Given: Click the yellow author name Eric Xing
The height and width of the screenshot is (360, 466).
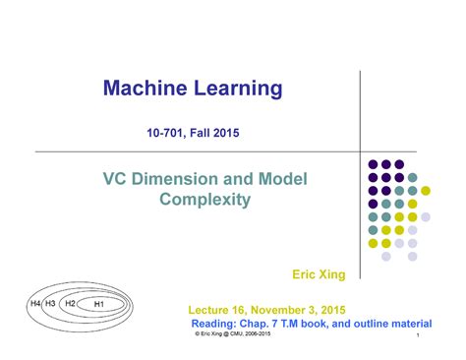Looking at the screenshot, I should click(x=320, y=272).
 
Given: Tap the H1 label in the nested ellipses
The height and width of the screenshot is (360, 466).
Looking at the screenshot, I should click(x=98, y=305).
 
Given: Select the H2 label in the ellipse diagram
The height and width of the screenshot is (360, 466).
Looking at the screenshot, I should click(x=70, y=304).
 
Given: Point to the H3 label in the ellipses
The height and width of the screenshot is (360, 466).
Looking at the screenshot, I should click(x=50, y=304).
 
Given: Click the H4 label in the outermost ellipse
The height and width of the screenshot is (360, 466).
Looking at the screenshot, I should click(x=34, y=304).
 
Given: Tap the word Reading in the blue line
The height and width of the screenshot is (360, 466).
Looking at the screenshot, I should click(x=215, y=323).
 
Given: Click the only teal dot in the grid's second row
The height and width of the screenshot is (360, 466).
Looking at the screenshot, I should click(x=413, y=178).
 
